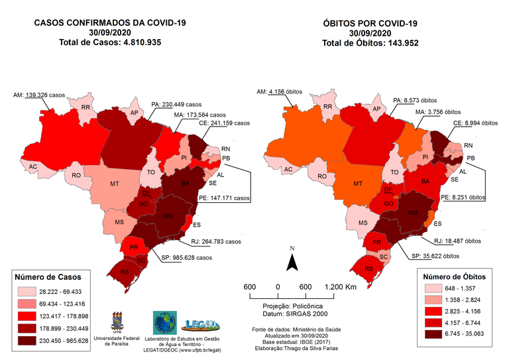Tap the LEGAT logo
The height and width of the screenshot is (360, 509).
pyautogui.click(x=197, y=324)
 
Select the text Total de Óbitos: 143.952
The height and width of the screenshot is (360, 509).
pyautogui.click(x=370, y=44)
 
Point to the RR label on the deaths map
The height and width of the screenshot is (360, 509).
pyautogui.click(x=328, y=107)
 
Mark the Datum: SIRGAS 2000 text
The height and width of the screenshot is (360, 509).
pyautogui.click(x=290, y=314)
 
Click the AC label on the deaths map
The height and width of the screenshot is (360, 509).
pyautogui.click(x=288, y=170)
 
